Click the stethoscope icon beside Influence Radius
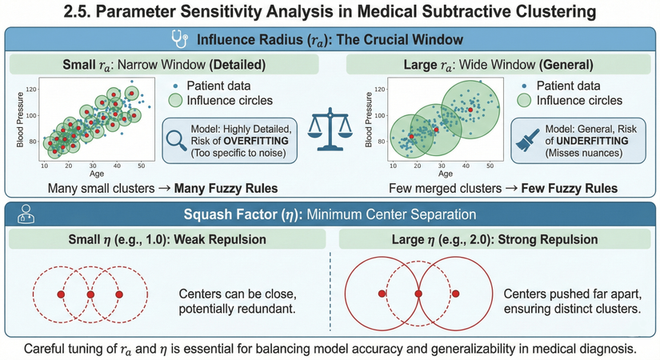[181, 38]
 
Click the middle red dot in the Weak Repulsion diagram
[90, 295]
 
